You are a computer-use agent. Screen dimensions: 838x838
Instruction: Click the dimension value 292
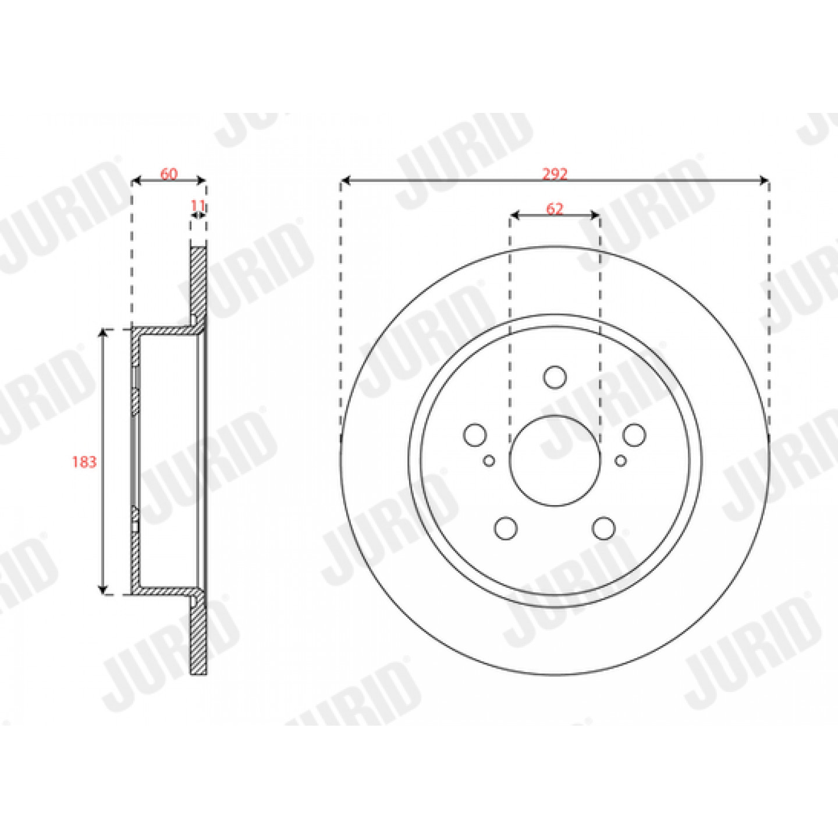pos(555,174)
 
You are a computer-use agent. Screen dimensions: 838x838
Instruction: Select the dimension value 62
pos(555,209)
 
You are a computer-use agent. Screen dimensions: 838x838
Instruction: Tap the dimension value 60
pos(169,174)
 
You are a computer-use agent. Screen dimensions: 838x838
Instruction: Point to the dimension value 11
pos(198,205)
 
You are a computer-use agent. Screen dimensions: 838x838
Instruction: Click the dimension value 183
pos(84,462)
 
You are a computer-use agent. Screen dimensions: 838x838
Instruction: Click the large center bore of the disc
pos(555,461)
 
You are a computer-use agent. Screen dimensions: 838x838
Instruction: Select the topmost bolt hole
pos(555,377)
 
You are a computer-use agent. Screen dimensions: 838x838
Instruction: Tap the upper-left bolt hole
pos(474,435)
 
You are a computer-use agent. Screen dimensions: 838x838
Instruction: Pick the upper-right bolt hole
pos(634,435)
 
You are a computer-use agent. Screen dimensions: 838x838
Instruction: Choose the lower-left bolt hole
pos(506,528)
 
